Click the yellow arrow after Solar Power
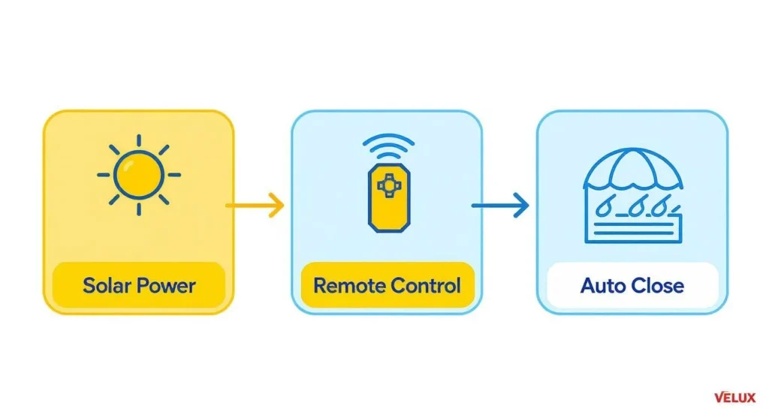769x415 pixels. (255, 204)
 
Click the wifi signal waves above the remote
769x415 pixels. (388, 146)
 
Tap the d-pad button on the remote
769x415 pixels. (388, 182)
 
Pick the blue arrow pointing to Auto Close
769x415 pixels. (500, 205)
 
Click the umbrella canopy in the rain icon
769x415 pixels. (632, 170)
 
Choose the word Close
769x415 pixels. (657, 286)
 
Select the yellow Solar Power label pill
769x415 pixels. (139, 286)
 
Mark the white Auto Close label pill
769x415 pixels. (632, 286)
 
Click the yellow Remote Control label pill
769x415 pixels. (387, 286)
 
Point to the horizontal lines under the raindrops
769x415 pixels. (632, 227)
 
